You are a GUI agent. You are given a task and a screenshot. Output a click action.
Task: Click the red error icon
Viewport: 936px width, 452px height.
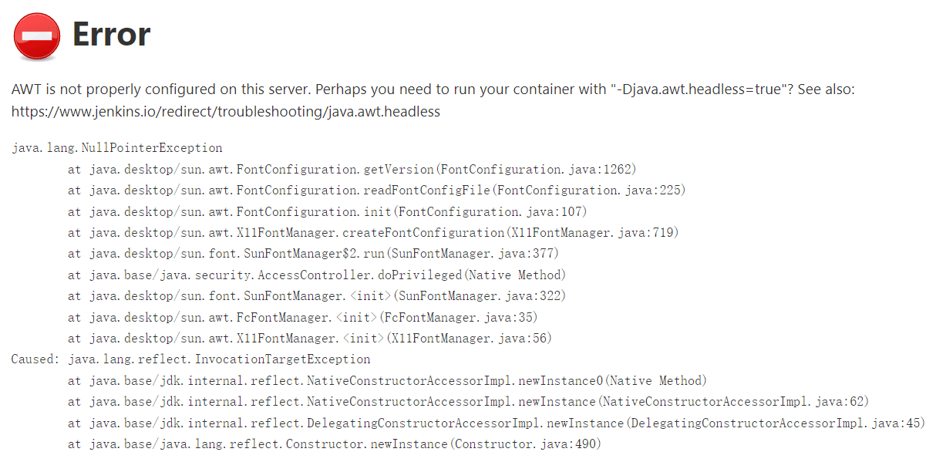click(x=36, y=36)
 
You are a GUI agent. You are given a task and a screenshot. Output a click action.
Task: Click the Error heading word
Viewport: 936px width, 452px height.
click(x=111, y=35)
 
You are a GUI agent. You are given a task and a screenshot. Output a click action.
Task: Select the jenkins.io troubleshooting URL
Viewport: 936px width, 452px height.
click(x=225, y=112)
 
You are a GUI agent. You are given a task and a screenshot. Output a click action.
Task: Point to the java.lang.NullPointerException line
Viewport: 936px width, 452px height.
click(x=117, y=148)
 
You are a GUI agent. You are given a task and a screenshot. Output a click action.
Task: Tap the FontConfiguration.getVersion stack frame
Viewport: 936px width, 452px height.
click(x=352, y=169)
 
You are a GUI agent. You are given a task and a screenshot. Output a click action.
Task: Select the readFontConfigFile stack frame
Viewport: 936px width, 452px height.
click(x=376, y=191)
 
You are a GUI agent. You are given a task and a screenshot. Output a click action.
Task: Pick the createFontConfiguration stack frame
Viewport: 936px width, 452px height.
click(x=373, y=232)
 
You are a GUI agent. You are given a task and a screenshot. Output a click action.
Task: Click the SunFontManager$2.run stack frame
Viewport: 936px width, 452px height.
click(x=313, y=254)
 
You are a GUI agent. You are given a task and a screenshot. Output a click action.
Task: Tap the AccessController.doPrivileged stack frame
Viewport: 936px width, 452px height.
click(x=317, y=275)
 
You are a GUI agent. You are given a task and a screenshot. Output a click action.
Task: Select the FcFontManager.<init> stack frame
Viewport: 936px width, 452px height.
click(x=302, y=317)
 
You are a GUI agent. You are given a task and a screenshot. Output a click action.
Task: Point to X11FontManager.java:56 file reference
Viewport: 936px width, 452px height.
click(x=469, y=338)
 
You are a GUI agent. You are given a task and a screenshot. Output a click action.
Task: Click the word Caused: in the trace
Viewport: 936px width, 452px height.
click(x=35, y=359)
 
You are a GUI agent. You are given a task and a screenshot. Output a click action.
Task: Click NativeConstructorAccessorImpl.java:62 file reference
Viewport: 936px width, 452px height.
click(x=734, y=402)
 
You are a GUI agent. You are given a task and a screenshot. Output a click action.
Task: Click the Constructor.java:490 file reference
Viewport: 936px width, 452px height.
click(x=525, y=444)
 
